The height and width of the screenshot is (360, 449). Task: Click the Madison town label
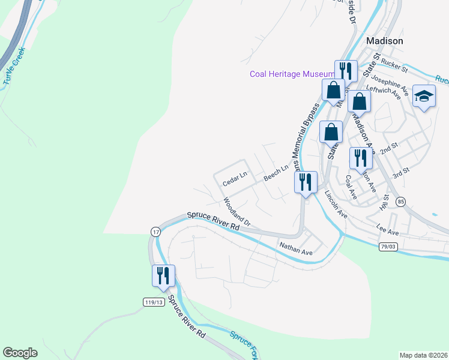coord(384,41)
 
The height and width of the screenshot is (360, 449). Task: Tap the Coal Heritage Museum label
coord(292,74)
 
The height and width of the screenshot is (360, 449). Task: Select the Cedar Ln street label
coord(235,175)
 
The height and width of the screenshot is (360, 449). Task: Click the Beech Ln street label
coord(277,175)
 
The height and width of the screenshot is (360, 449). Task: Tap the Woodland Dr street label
coord(237,211)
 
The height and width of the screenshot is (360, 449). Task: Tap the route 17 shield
coord(155,232)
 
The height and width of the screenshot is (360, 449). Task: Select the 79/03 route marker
coord(388,247)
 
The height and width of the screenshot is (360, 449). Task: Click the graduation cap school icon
coord(424,96)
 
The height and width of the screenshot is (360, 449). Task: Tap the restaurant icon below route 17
coord(163,276)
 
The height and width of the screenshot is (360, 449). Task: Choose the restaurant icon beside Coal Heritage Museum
coord(346,71)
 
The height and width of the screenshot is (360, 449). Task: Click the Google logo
coord(20,353)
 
